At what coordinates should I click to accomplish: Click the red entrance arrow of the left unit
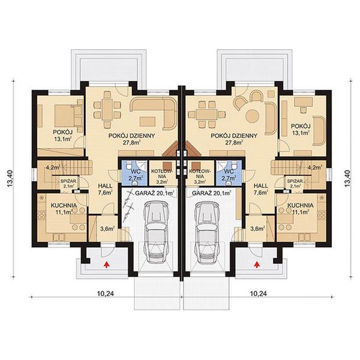[x=106, y=262]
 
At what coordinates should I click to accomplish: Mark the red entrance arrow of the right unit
[x=257, y=262]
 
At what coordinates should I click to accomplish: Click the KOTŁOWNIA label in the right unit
[x=197, y=174]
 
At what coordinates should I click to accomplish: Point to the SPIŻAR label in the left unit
[x=67, y=183]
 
